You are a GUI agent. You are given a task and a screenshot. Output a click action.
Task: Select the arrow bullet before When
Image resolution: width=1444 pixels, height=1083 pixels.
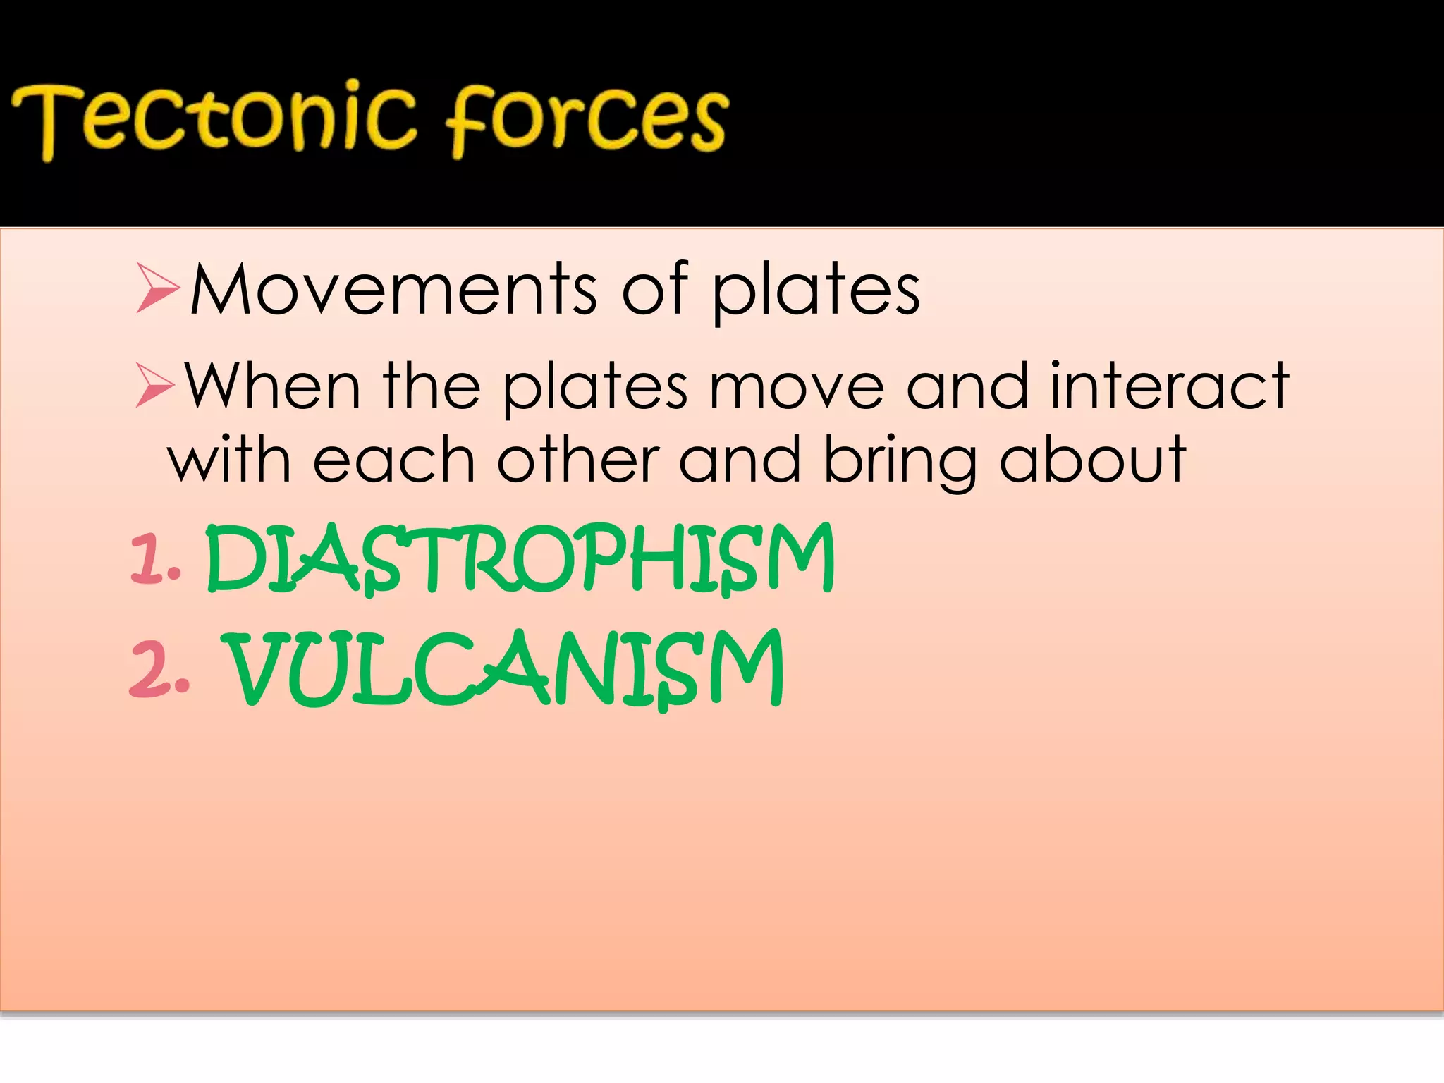[154, 386]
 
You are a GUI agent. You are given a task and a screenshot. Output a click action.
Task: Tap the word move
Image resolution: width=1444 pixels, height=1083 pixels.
[796, 387]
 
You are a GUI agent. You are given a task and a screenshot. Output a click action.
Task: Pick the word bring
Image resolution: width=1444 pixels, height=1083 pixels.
[900, 462]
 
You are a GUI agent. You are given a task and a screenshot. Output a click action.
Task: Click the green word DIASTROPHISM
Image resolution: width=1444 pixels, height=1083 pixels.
[520, 561]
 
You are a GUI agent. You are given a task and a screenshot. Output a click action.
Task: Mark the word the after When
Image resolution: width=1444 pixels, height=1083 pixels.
[432, 386]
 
